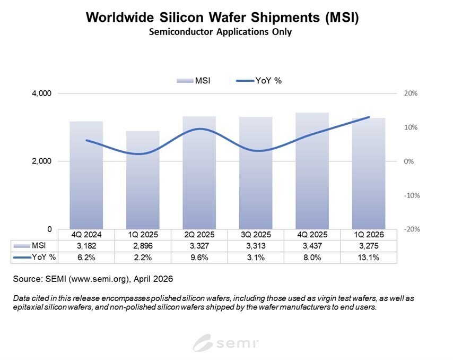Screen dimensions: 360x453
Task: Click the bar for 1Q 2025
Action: (142, 181)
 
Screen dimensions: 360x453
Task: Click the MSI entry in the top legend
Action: (197, 80)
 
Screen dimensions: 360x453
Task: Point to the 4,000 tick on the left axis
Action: (41, 93)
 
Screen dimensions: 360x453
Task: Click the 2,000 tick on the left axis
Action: (41, 161)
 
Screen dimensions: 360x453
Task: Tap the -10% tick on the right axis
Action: (411, 195)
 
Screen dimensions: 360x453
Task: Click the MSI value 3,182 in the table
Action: (86, 245)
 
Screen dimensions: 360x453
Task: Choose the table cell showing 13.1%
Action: (368, 257)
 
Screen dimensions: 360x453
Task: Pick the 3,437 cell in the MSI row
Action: (311, 245)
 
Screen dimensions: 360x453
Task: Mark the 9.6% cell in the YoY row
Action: (199, 257)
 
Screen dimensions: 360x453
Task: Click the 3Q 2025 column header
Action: (255, 234)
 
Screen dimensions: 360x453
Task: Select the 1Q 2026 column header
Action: (368, 234)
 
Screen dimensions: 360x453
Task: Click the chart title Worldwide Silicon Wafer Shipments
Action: (222, 17)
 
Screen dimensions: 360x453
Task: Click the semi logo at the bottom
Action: (226, 342)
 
